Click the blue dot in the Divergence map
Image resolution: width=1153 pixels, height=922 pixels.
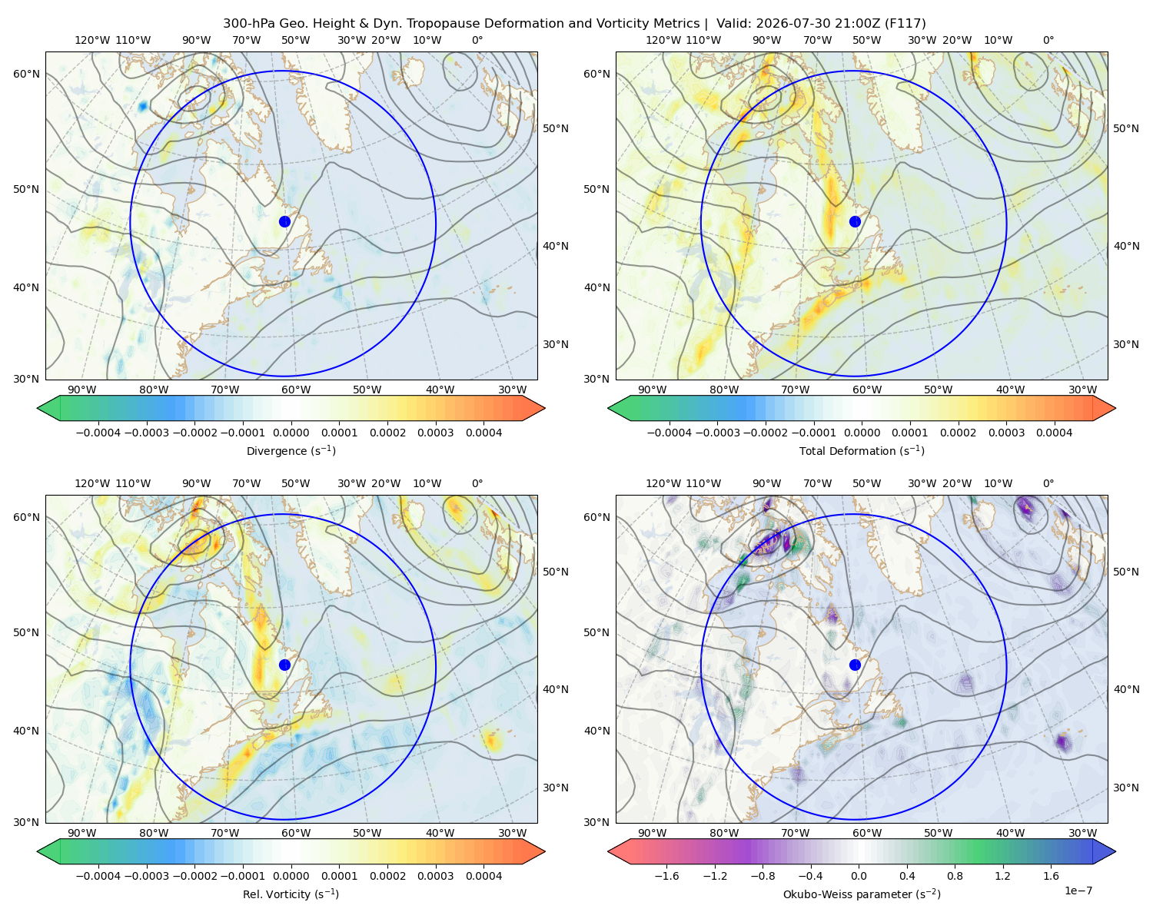284,221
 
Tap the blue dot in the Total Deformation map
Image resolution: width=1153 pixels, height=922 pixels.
855,221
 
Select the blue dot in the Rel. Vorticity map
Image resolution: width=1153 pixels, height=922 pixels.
284,665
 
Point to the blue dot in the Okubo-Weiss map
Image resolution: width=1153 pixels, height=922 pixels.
855,665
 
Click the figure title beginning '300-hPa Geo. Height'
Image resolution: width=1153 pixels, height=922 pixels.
574,24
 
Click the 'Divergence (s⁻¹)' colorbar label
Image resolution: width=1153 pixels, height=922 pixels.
291,450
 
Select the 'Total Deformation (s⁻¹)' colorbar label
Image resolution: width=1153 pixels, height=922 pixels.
862,450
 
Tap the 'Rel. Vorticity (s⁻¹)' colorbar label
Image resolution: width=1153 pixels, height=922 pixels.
291,894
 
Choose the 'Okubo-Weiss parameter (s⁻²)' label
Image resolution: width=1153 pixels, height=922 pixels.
862,894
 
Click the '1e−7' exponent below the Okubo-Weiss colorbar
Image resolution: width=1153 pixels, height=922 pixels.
1078,890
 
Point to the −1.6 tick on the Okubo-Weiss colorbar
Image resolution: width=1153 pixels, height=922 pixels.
666,876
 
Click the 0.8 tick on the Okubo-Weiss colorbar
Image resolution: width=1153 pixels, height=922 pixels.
955,876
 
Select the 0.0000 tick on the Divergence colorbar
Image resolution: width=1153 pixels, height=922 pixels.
291,433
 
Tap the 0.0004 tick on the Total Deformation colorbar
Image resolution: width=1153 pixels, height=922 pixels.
1054,433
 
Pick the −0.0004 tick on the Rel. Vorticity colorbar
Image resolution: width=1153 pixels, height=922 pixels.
98,876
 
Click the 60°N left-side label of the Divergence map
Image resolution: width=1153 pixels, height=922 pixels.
26,74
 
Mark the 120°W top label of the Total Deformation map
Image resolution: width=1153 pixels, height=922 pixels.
663,40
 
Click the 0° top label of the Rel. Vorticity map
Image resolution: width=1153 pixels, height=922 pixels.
477,483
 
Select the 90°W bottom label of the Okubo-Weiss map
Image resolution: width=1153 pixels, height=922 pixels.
652,833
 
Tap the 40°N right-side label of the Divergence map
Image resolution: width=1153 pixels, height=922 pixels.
556,246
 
